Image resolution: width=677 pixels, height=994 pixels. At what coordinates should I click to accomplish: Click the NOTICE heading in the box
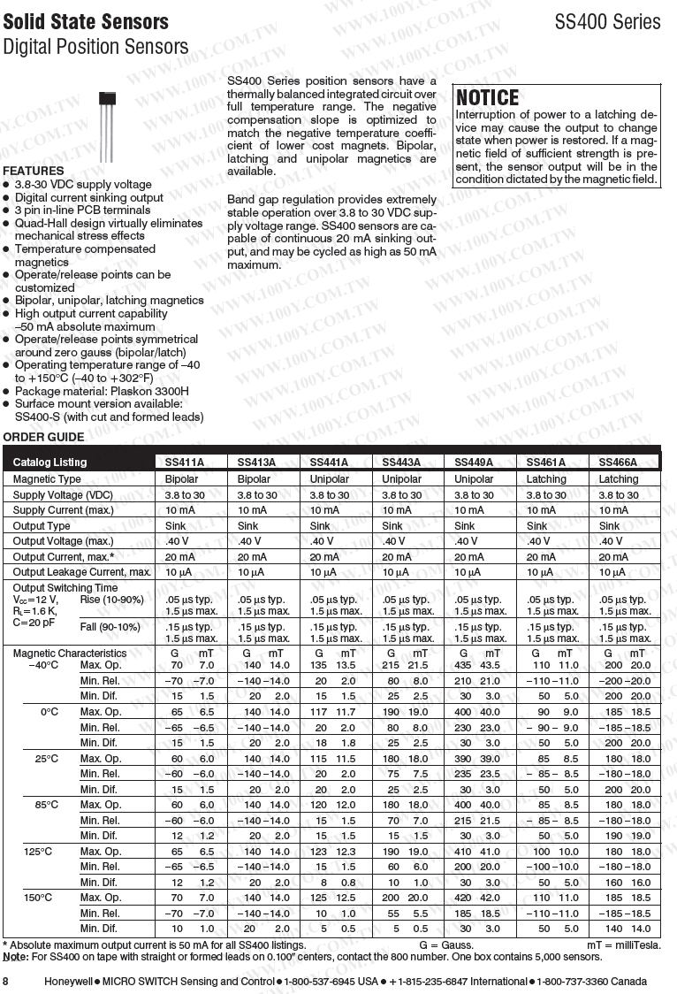(x=488, y=97)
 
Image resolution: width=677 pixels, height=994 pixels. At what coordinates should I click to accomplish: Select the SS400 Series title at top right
(x=607, y=22)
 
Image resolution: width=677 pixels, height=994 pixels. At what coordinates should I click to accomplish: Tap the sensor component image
(x=107, y=124)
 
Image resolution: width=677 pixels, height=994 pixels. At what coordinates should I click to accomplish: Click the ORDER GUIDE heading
(x=43, y=437)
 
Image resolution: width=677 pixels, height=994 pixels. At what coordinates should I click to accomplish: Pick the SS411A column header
(x=184, y=463)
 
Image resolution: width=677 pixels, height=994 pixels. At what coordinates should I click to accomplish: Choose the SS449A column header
(x=474, y=463)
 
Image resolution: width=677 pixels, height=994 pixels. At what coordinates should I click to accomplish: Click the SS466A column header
(x=618, y=463)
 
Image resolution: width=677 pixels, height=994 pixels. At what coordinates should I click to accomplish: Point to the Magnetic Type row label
(x=47, y=479)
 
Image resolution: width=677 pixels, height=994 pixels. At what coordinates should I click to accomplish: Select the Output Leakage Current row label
(x=82, y=572)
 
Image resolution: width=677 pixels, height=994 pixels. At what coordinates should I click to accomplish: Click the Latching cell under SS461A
(x=546, y=479)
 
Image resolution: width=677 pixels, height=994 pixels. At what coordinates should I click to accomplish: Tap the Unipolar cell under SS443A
(x=401, y=479)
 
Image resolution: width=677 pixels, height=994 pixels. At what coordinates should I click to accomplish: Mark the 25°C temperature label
(x=47, y=759)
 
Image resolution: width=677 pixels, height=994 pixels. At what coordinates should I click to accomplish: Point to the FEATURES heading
(x=34, y=171)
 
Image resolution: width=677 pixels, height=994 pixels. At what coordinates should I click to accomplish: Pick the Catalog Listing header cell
(x=49, y=463)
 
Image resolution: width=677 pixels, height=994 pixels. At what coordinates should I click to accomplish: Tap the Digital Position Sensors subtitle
(x=95, y=47)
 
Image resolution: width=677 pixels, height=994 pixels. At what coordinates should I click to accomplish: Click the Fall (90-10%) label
(x=110, y=627)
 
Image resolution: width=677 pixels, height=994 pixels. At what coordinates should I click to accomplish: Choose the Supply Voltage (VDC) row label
(x=63, y=495)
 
